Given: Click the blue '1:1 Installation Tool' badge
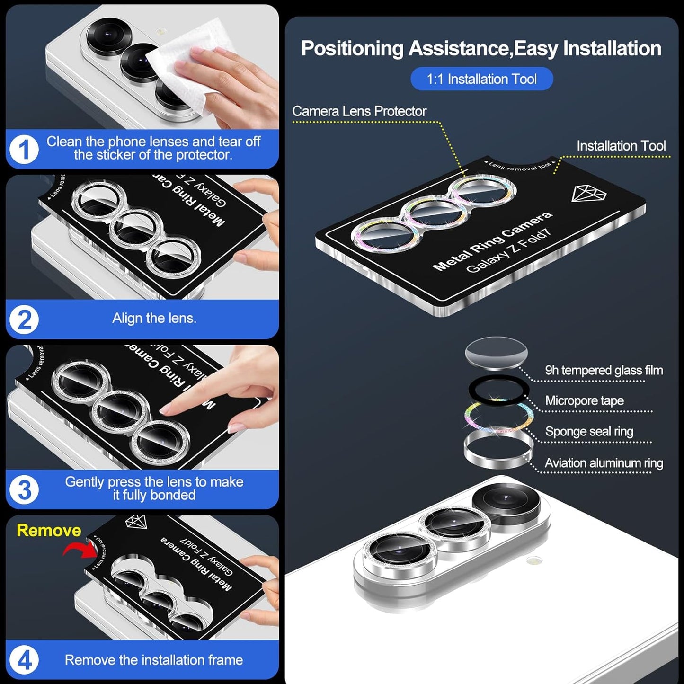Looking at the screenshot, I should coord(481,79).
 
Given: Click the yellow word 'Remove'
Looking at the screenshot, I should coord(49,530).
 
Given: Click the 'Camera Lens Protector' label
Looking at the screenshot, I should coord(359,111).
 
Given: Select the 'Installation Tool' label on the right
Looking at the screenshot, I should coord(621,146).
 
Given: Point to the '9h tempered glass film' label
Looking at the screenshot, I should coord(604,370).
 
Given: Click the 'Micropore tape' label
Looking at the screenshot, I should coord(584,400).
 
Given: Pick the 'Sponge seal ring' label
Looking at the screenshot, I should coord(589,431).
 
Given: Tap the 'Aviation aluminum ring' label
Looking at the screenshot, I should coord(604,463).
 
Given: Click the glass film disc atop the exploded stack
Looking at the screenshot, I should coord(496,352).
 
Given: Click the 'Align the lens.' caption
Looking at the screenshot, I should coord(154,318).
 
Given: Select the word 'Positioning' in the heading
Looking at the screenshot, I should coord(352,48).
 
